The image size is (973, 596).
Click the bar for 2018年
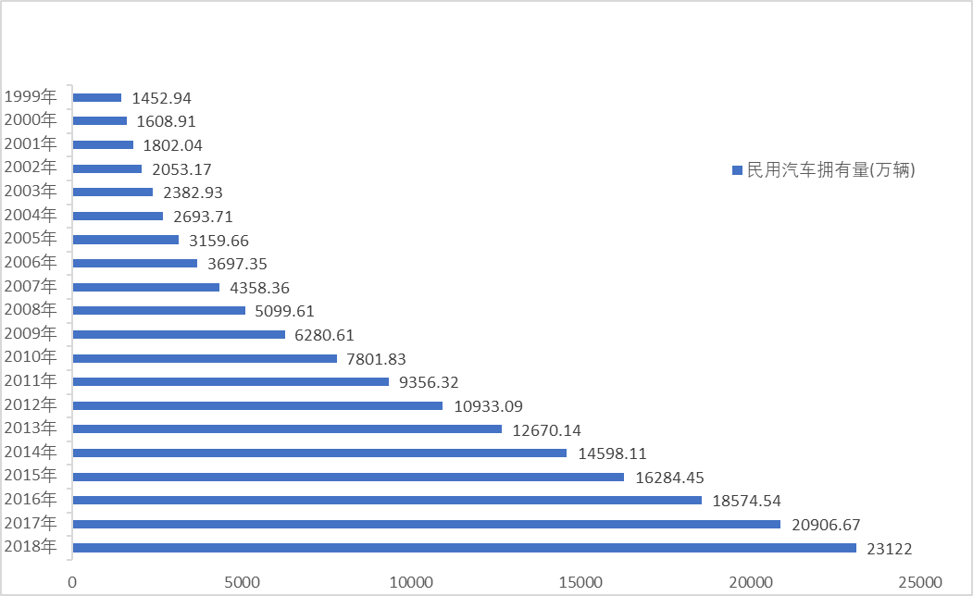coord(464,548)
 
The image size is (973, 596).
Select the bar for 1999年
coord(97,97)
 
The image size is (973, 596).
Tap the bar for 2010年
coord(205,358)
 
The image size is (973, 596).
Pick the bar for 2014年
coord(319,453)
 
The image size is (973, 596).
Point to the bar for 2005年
coord(126,240)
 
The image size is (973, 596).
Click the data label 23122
coord(890,549)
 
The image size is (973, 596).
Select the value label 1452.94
coord(162,97)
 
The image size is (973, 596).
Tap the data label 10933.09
coord(489,405)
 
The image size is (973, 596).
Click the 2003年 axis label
coord(31,191)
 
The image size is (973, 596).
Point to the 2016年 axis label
coord(31,500)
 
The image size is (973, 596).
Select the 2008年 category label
coord(31,309)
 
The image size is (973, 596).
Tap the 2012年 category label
coord(31,404)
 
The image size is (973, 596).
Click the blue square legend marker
coord(737,170)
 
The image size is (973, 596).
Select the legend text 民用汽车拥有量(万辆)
coord(830,169)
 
